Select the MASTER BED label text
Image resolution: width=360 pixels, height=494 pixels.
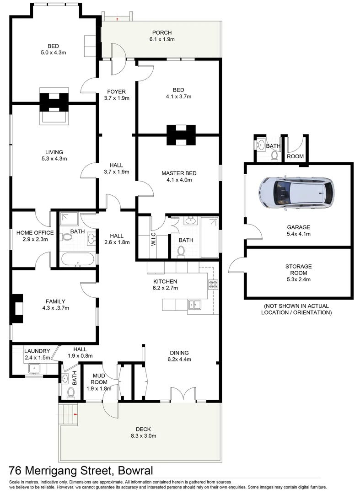point(179,173)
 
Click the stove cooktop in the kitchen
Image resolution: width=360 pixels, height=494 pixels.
point(213,285)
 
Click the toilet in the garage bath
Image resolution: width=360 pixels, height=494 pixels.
point(274,155)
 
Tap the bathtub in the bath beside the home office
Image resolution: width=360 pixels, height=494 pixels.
point(77,259)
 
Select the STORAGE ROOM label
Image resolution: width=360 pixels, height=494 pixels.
point(298,266)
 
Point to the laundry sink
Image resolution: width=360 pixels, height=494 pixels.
point(34,368)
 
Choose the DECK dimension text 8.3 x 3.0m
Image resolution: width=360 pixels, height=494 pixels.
point(143,436)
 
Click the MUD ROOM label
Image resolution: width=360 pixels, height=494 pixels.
point(99,379)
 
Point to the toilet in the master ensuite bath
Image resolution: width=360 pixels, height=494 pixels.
point(181,251)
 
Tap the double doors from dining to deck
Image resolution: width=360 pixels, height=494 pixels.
point(183,395)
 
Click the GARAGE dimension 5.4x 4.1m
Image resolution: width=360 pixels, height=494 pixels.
point(298,234)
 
